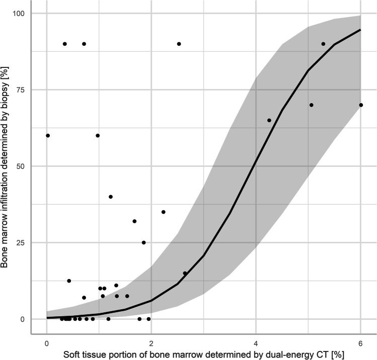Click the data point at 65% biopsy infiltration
(x=269, y=120)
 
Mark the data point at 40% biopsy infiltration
(x=111, y=197)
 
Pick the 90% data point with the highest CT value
(x=323, y=44)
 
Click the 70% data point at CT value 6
(x=361, y=105)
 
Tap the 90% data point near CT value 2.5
(x=179, y=44)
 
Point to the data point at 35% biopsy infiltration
(x=164, y=212)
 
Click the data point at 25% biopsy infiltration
(x=143, y=242)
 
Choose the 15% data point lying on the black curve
(x=185, y=273)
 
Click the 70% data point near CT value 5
(x=311, y=105)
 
